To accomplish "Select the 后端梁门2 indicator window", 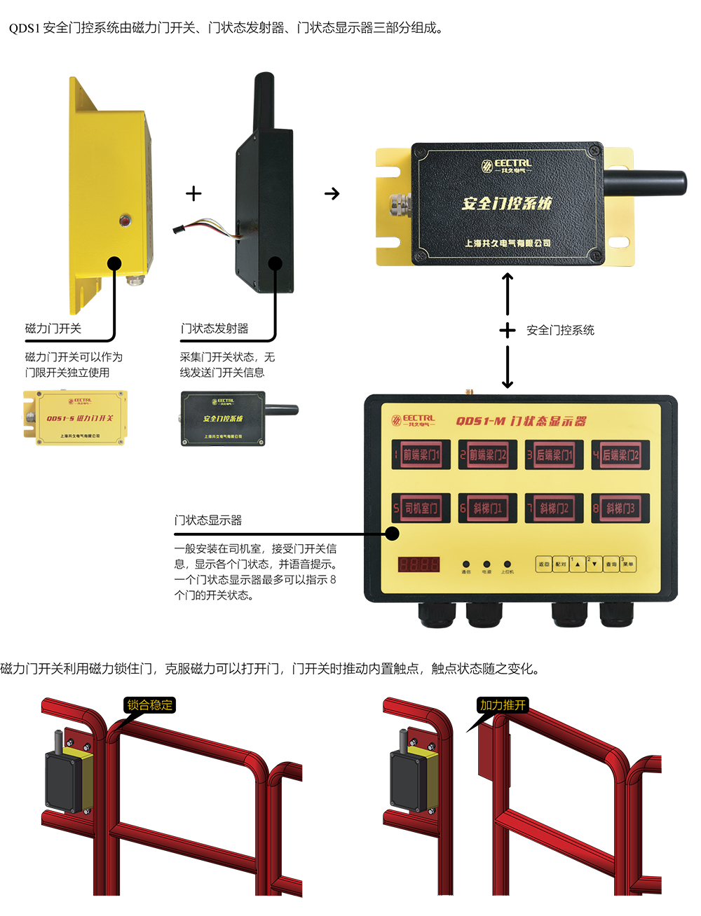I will coord(620,454).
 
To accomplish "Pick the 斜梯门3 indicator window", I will coord(620,508).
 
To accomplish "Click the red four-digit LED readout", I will coord(418,564).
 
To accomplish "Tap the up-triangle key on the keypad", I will coord(577,564).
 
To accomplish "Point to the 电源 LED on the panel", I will coord(486,564).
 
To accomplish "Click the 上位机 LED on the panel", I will coord(507,564).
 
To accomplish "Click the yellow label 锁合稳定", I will coord(149,705).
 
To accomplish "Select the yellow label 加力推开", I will coord(503,705).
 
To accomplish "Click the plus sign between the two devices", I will coord(193,193).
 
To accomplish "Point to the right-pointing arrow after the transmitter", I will coord(332,193).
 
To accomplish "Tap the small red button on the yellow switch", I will coord(125,221).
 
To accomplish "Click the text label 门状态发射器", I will coord(215,328).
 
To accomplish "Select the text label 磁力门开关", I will coord(53,328).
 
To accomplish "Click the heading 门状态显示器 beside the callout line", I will coord(208,520).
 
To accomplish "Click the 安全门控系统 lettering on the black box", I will coord(507,204).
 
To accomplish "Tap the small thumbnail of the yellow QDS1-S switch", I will coord(76,418).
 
